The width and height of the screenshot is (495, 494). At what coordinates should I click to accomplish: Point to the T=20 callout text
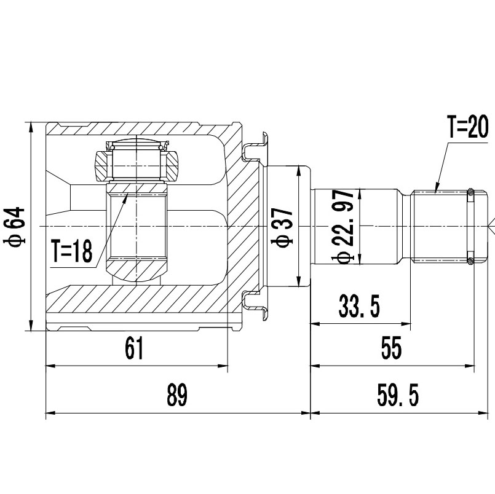467,128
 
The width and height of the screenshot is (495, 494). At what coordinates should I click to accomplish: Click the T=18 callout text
71,251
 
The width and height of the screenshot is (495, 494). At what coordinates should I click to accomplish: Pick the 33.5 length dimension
359,305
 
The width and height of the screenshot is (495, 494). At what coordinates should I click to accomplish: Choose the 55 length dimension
390,348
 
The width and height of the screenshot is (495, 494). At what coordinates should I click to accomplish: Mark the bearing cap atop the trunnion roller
137,145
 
